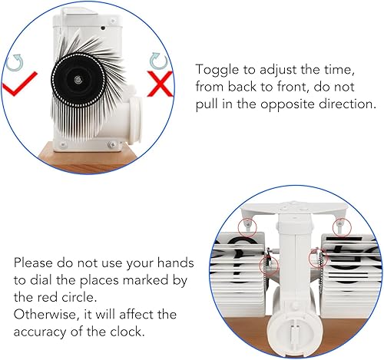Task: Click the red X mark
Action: [x=161, y=84]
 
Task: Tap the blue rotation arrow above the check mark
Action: [x=15, y=62]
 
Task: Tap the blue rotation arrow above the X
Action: [x=158, y=61]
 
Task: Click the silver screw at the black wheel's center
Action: [x=78, y=80]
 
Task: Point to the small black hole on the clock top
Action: [x=103, y=28]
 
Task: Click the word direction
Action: [x=347, y=104]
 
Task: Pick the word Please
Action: [x=33, y=263]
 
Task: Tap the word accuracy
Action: [x=40, y=332]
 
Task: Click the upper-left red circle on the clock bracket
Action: [x=247, y=227]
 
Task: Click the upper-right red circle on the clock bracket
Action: [x=342, y=227]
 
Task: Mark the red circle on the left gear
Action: [x=270, y=266]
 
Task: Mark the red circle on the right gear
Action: [x=319, y=259]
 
